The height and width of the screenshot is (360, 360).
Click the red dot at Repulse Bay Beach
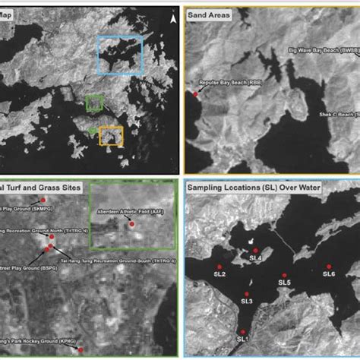(196, 93)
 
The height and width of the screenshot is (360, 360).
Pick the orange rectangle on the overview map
(111, 136)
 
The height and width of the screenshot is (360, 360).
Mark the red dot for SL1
(242, 331)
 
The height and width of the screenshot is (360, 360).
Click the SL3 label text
(248, 302)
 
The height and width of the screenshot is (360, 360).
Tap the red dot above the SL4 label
(256, 250)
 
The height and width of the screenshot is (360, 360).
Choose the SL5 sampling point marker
(285, 275)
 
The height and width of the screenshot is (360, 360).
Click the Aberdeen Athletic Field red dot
(132, 225)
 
